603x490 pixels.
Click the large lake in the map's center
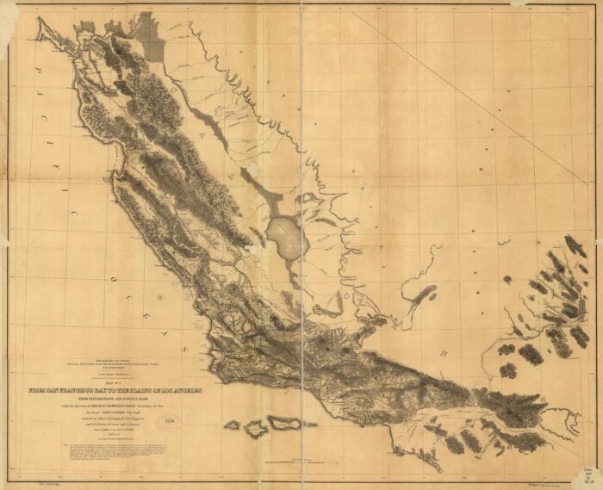(x=285, y=238)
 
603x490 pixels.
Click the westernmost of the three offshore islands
(x=232, y=425)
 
